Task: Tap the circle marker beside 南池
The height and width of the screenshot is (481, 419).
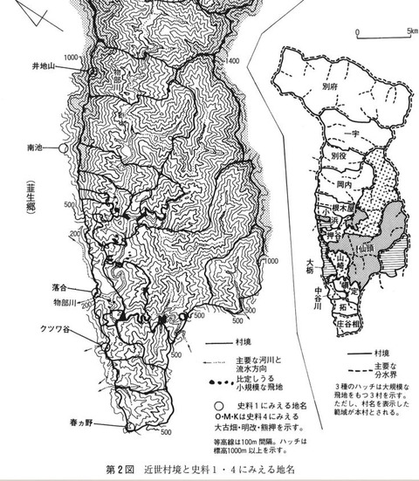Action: (63, 149)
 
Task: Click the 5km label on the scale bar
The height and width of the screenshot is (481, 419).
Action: (410, 30)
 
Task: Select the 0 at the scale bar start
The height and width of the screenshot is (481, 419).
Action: (357, 30)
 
